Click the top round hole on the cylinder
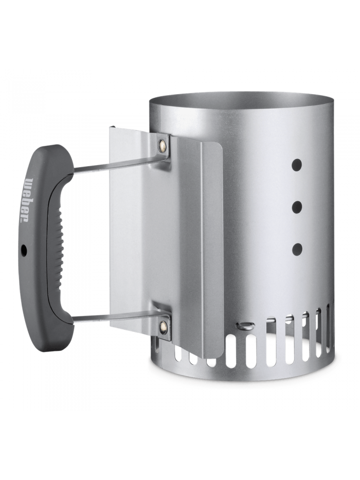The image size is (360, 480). coord(296,165)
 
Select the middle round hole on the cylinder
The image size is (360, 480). coord(296,207)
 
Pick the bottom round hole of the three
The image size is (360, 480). coord(297,249)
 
